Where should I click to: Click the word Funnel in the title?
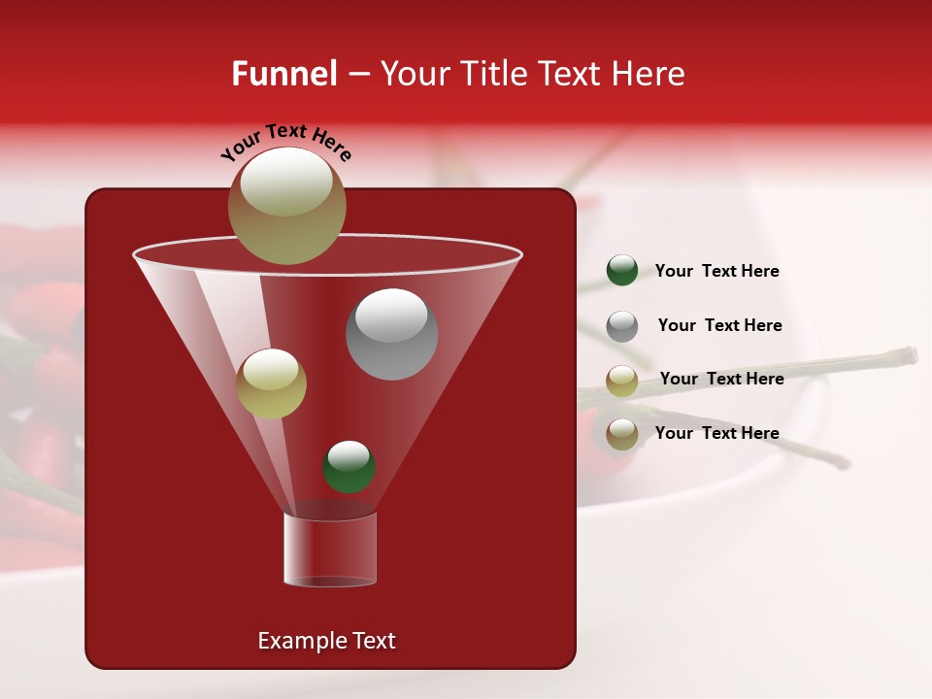[x=283, y=74]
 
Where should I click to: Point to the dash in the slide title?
[x=357, y=75]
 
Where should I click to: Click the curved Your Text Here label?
[x=286, y=144]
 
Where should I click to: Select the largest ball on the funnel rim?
[x=287, y=206]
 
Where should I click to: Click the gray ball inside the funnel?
[x=392, y=334]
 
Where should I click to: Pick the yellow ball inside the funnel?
[x=272, y=383]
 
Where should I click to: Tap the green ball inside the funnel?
[x=349, y=467]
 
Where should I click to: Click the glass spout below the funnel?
[x=330, y=549]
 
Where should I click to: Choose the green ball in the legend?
[x=622, y=271]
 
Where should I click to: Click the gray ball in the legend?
[x=622, y=326]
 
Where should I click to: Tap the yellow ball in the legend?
[x=622, y=381]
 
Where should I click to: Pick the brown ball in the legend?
[x=622, y=434]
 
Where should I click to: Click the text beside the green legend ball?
[x=716, y=271]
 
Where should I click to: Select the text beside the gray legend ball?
[x=719, y=325]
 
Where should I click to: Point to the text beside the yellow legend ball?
[x=721, y=379]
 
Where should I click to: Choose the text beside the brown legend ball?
[x=716, y=433]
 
